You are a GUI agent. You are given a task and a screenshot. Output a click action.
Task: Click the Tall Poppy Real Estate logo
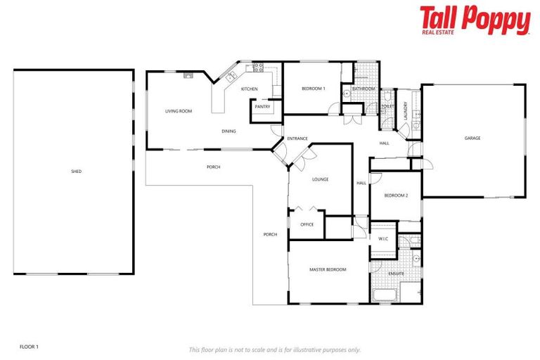(475, 20)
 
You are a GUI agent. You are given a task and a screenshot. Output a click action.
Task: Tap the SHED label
(76, 171)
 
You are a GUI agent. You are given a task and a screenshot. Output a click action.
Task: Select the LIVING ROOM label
(179, 111)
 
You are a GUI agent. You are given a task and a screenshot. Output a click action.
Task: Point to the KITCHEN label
(250, 89)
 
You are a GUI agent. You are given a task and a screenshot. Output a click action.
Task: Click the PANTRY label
(263, 107)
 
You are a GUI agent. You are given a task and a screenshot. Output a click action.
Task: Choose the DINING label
(229, 131)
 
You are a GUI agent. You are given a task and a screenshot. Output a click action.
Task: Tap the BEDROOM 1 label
(313, 89)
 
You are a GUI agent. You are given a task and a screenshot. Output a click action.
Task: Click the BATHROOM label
(364, 89)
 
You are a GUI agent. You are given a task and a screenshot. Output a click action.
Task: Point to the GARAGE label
(472, 138)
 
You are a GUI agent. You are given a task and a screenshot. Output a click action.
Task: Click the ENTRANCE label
(297, 138)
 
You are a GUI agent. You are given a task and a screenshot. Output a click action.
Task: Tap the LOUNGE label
(320, 179)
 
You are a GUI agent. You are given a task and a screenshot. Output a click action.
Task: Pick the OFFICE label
(307, 224)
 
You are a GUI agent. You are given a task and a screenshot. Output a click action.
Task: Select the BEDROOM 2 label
(396, 195)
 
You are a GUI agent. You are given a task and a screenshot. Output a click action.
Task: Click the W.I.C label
(383, 238)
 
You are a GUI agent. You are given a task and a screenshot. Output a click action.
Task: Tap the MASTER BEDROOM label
(328, 269)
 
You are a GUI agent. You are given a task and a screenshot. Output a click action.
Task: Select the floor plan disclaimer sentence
(274, 349)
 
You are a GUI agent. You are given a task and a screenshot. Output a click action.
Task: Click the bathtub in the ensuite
(385, 295)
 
